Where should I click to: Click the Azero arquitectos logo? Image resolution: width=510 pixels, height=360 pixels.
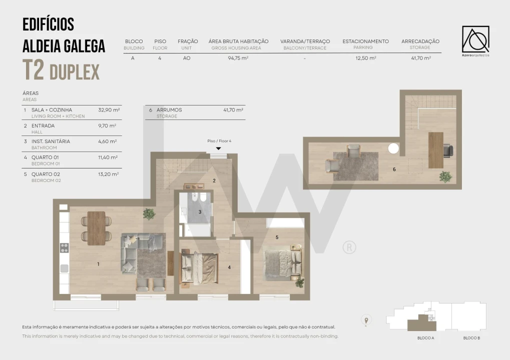pyautogui.click(x=475, y=41)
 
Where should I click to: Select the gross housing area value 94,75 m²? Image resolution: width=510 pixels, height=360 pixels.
pyautogui.click(x=238, y=58)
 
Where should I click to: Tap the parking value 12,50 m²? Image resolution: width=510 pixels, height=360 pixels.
pyautogui.click(x=366, y=58)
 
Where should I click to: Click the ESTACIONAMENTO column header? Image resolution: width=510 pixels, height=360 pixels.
pyautogui.click(x=365, y=41)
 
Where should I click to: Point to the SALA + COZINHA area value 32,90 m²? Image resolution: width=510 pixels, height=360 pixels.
pyautogui.click(x=109, y=110)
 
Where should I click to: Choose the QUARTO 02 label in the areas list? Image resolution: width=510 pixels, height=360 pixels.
pyautogui.click(x=46, y=174)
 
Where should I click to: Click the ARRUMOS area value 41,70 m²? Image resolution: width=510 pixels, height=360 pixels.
pyautogui.click(x=233, y=110)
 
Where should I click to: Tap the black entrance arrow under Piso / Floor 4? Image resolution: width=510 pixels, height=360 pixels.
pyautogui.click(x=219, y=148)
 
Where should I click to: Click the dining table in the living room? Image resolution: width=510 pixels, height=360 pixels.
pyautogui.click(x=96, y=228)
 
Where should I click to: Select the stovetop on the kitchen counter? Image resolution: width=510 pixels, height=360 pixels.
pyautogui.click(x=65, y=248)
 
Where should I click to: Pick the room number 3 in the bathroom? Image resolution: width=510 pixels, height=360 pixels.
pyautogui.click(x=200, y=212)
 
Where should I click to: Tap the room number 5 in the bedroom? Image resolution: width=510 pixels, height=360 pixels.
pyautogui.click(x=277, y=237)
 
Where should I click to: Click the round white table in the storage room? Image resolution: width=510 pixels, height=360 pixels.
pyautogui.click(x=393, y=148)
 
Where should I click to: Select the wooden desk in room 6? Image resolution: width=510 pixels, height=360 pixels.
pyautogui.click(x=436, y=150)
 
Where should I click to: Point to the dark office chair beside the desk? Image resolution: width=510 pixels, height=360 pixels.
pyautogui.click(x=448, y=151)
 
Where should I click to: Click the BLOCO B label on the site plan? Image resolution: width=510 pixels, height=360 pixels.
pyautogui.click(x=471, y=338)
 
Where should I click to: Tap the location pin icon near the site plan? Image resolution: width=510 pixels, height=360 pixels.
pyautogui.click(x=366, y=320)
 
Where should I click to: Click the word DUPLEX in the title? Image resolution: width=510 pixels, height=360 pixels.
pyautogui.click(x=75, y=72)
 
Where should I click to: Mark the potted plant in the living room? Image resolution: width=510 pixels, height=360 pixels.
pyautogui.click(x=149, y=214)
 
